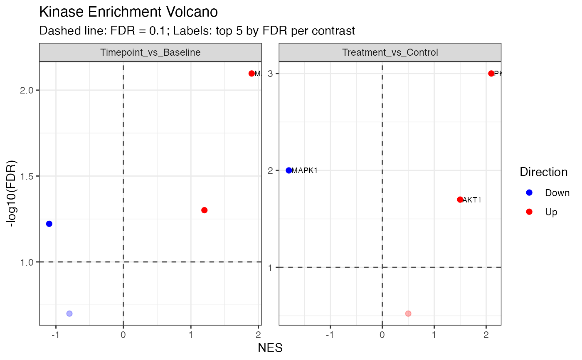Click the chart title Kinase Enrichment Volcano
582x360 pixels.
pyautogui.click(x=128, y=12)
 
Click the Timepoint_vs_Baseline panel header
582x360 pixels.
pyautogui.click(x=150, y=52)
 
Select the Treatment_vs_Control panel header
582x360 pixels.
pyautogui.click(x=390, y=52)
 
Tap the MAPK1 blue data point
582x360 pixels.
pyautogui.click(x=289, y=170)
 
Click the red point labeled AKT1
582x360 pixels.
pyautogui.click(x=460, y=200)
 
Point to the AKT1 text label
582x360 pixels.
pyautogui.click(x=472, y=200)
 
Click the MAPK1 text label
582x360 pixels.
pyautogui.click(x=305, y=170)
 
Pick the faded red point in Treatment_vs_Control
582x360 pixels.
pyautogui.click(x=408, y=313)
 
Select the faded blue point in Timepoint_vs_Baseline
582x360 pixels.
pyautogui.click(x=69, y=313)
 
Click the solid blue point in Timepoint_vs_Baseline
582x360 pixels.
pyautogui.click(x=49, y=224)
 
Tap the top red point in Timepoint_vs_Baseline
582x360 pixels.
pyautogui.click(x=252, y=74)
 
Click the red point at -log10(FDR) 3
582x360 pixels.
pyautogui.click(x=491, y=74)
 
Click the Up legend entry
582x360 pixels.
pyautogui.click(x=551, y=212)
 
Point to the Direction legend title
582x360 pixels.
pyautogui.click(x=543, y=172)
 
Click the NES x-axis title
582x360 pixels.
pyautogui.click(x=270, y=348)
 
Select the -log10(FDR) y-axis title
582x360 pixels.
pyautogui.click(x=13, y=193)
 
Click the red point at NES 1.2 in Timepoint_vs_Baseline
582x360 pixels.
pyautogui.click(x=204, y=210)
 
